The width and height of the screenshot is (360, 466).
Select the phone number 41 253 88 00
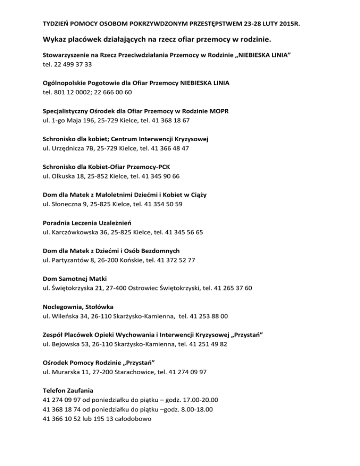tap(209, 316)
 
